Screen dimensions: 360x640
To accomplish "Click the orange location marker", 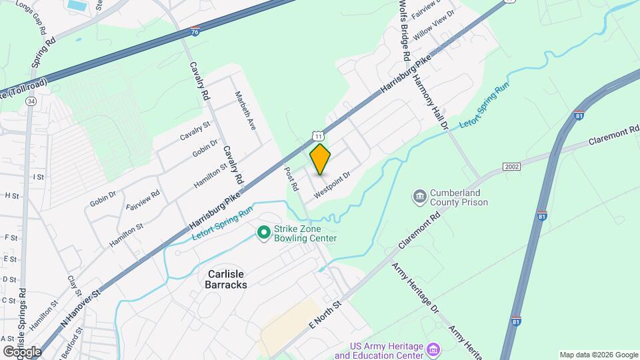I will [321, 159].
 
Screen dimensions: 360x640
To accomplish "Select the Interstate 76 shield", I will [194, 31].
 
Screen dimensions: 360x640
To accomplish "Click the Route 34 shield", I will [31, 101].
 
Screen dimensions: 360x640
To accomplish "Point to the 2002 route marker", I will [511, 166].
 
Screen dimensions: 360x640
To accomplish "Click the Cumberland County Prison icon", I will [420, 196].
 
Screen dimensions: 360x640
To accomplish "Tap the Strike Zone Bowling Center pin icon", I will [264, 232].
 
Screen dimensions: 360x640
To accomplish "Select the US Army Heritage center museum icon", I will [433, 349].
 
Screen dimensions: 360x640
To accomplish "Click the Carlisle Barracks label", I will [218, 279].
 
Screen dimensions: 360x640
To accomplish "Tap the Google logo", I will [22, 351].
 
